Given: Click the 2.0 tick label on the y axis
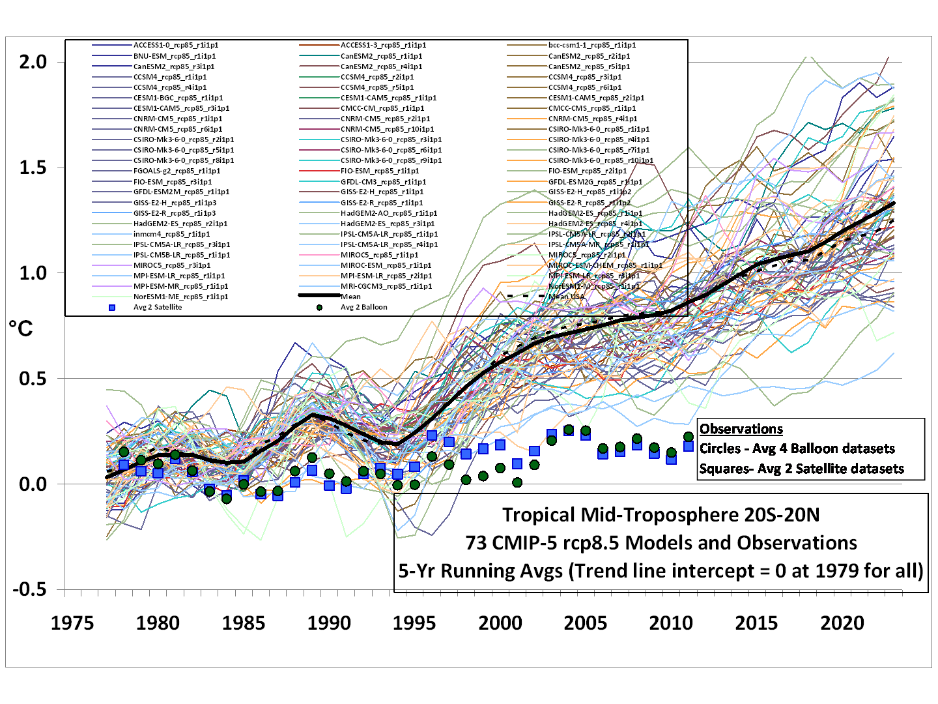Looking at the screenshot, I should pyautogui.click(x=33, y=62).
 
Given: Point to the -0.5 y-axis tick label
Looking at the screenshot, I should pyautogui.click(x=29, y=589).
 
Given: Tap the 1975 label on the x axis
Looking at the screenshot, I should pyautogui.click(x=72, y=623).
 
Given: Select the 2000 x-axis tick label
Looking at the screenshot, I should pyautogui.click(x=500, y=623).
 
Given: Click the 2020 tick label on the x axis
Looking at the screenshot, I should pyautogui.click(x=842, y=623).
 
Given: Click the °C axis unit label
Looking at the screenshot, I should pyautogui.click(x=20, y=329).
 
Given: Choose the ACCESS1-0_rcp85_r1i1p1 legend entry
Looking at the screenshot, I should pyautogui.click(x=175, y=45).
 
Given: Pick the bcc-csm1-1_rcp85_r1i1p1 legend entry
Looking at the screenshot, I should pyautogui.click(x=591, y=45).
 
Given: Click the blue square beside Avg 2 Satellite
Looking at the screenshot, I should pyautogui.click(x=112, y=307).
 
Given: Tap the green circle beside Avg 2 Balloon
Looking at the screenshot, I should pyautogui.click(x=319, y=307).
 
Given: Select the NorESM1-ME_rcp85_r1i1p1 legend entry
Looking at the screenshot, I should pyautogui.click(x=180, y=297).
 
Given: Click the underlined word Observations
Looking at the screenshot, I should pyautogui.click(x=741, y=429).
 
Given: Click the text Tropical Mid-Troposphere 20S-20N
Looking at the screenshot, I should pyautogui.click(x=661, y=515).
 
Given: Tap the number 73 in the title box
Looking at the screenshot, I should pyautogui.click(x=477, y=543).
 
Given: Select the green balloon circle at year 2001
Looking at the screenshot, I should pyautogui.click(x=517, y=482).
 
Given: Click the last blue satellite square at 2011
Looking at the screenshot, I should pyautogui.click(x=689, y=446).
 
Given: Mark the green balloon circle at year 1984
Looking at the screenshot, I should pyautogui.click(x=226, y=498).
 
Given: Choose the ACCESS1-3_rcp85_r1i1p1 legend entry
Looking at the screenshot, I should pyautogui.click(x=383, y=45).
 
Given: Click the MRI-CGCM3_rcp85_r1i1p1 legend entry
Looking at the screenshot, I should pyautogui.click(x=386, y=286).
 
